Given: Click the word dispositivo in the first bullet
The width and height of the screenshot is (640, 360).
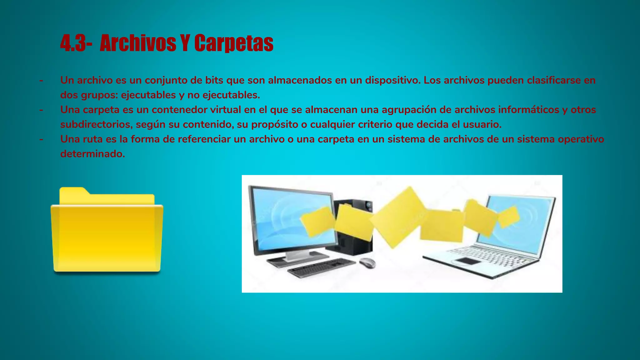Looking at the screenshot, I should [392, 80].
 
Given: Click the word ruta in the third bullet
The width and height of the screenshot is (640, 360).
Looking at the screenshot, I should [92, 139].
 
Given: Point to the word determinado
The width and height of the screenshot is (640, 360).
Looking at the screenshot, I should [92, 154].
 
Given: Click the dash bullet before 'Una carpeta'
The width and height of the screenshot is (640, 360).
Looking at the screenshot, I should [41, 110].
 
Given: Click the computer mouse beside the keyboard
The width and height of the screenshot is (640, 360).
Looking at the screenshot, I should [367, 262].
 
